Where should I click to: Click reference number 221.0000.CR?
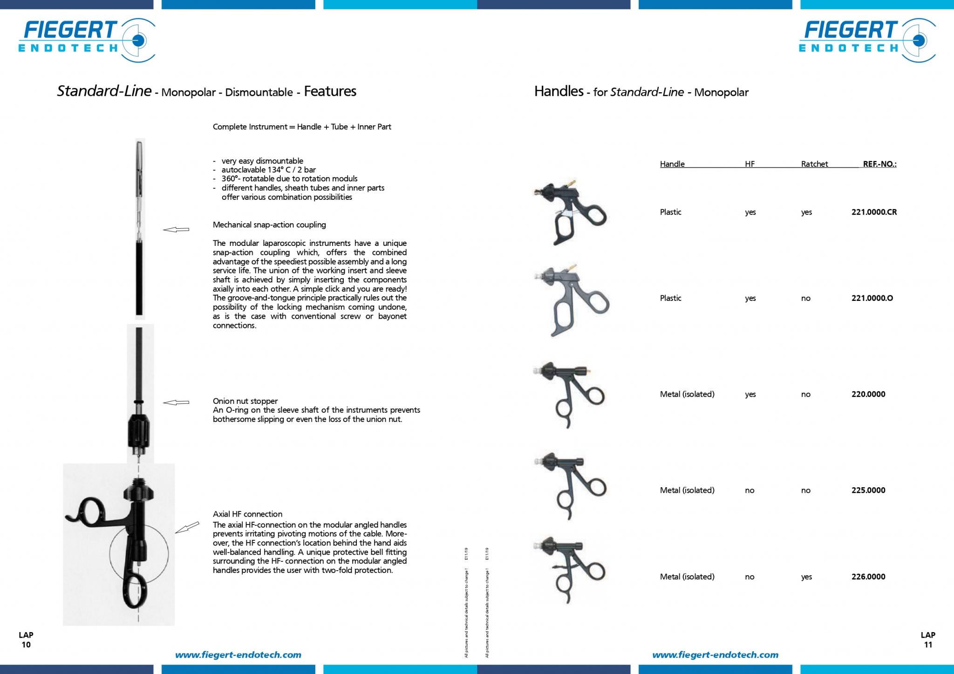874,212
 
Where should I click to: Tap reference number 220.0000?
868,394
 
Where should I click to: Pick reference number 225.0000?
868,490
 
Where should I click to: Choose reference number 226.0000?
868,577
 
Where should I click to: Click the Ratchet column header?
815,164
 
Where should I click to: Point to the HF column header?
750,164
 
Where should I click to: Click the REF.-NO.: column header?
880,164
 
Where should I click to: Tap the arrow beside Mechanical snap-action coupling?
176,229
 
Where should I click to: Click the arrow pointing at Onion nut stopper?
176,402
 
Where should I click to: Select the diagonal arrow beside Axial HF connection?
187,528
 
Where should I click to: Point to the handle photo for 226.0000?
570,570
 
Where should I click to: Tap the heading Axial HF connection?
247,514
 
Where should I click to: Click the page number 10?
26,645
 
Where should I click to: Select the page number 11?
928,645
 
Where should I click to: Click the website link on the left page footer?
238,655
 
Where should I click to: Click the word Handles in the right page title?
559,91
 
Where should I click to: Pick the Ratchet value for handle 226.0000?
806,577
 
